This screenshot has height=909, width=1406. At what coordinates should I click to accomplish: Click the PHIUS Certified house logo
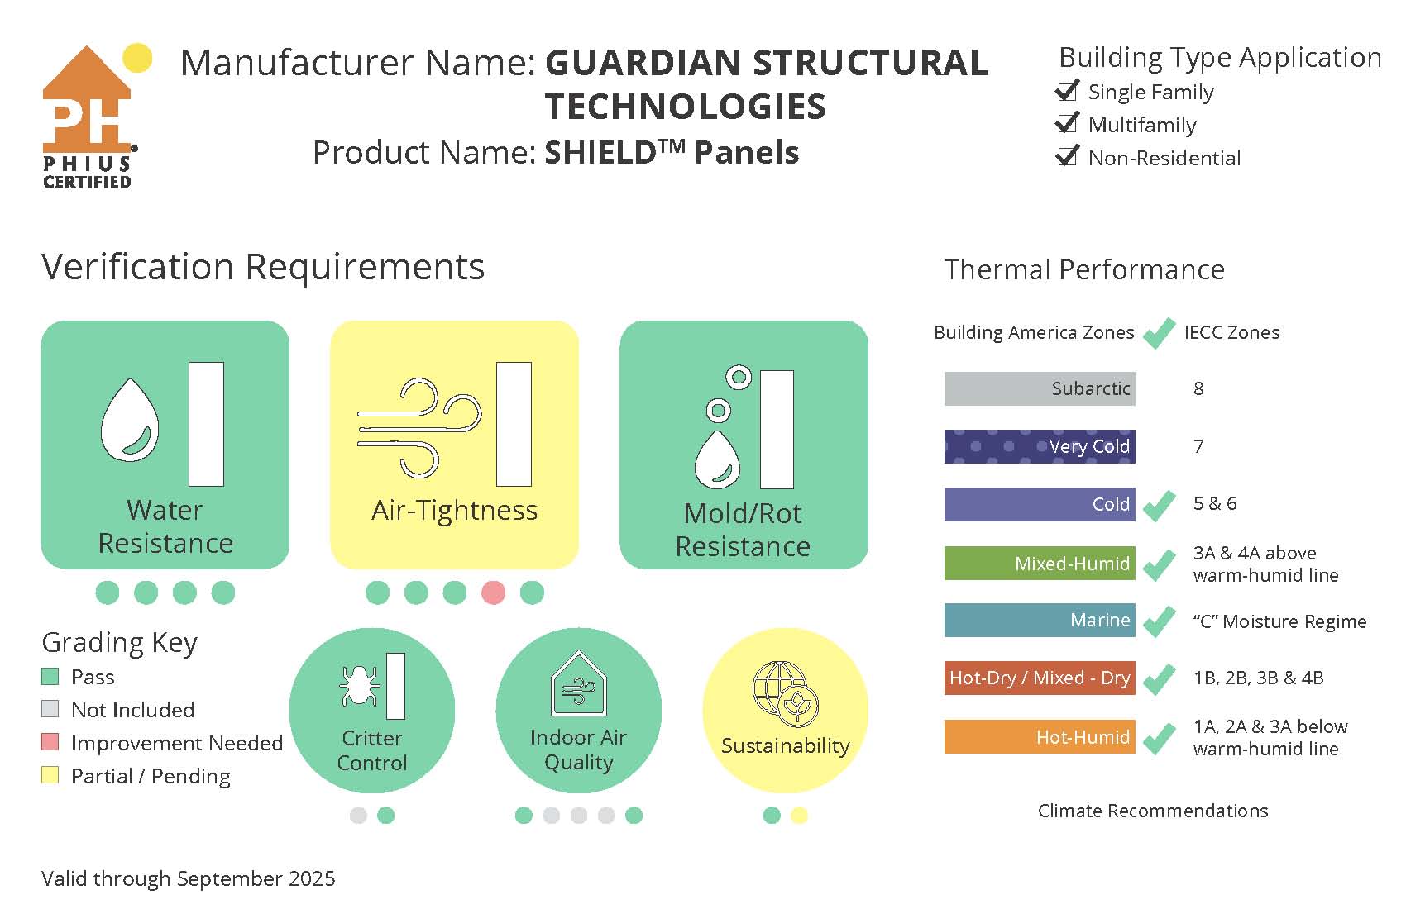pos(88,116)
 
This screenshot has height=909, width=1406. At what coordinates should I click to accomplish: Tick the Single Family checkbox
pos(1068,91)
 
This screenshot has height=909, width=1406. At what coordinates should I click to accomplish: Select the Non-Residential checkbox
pos(1068,157)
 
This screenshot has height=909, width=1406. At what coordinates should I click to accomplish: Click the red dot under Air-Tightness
pos(494,593)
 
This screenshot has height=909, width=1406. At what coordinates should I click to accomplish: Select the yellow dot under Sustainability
pos(799,816)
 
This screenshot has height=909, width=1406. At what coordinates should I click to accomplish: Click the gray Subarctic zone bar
pos(1039,388)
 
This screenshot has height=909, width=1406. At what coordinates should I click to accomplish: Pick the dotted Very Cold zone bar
pos(1039,446)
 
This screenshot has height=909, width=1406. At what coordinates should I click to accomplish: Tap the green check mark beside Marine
pos(1160,621)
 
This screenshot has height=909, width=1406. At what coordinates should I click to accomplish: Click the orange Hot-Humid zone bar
pos(1039,736)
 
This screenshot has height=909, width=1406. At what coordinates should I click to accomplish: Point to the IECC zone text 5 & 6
pos(1214,503)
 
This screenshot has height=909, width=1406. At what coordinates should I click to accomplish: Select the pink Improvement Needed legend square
pos(50,742)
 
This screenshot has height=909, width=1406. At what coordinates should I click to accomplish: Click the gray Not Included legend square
pos(50,709)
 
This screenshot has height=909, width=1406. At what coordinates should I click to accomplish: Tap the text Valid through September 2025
pos(189,878)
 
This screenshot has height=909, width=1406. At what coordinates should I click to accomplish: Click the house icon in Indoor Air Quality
pos(579,684)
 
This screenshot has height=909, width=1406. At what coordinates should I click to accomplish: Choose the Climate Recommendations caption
pos(1153,811)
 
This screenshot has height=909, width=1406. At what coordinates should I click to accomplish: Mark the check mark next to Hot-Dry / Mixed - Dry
pos(1160,678)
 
